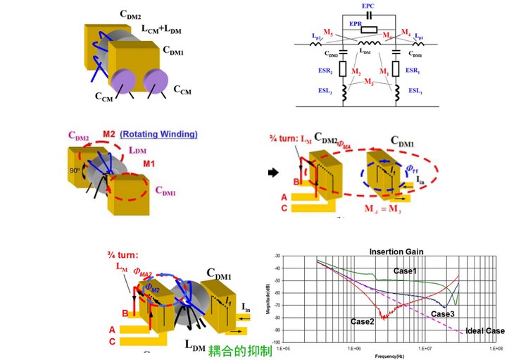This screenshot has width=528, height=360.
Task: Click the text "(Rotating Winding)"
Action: (159, 134)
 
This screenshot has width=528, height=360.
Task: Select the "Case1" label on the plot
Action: (404, 271)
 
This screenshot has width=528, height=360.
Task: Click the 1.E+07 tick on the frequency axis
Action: (425, 347)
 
